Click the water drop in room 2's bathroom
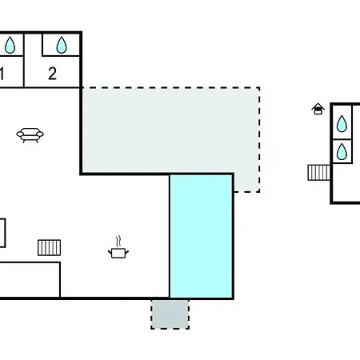click(x=62, y=45)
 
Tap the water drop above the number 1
click(x=10, y=45)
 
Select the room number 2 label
click(x=53, y=74)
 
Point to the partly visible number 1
click(x=2, y=74)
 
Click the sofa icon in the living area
click(x=30, y=135)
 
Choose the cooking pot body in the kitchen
click(x=118, y=253)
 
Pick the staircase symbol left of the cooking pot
click(x=50, y=248)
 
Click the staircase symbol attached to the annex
click(x=319, y=173)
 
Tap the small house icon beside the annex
click(x=318, y=109)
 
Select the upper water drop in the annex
click(x=342, y=124)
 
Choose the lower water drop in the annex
click(x=342, y=151)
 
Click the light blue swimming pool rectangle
click(x=202, y=236)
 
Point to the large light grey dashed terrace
click(x=170, y=130)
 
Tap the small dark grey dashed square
click(x=170, y=314)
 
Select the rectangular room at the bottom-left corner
click(x=30, y=280)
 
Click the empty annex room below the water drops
click(x=346, y=183)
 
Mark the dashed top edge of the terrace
click(x=170, y=87)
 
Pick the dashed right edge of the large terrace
click(x=259, y=139)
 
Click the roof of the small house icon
click(x=318, y=106)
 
